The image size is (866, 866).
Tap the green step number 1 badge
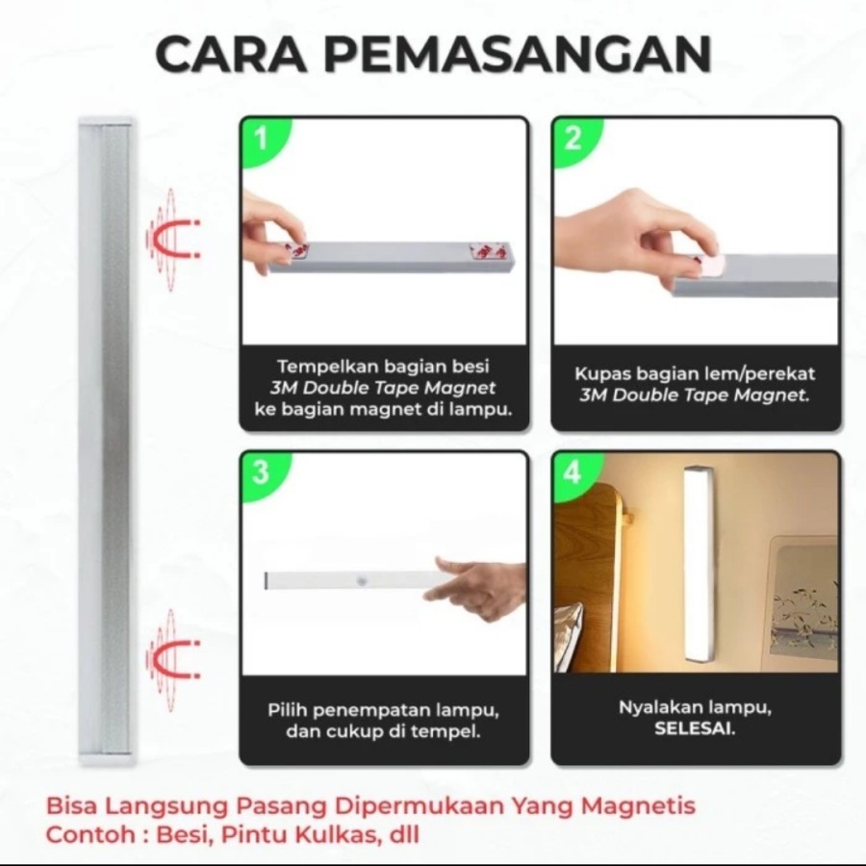(x=264, y=140)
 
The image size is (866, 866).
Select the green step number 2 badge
(x=575, y=140)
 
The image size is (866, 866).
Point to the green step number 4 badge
(x=574, y=473)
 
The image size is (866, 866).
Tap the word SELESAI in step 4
(x=695, y=729)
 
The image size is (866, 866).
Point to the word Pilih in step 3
(x=286, y=710)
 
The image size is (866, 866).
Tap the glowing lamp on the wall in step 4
(x=699, y=565)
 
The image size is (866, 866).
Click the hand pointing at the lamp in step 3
(x=475, y=587)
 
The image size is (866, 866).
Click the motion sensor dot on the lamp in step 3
(x=361, y=582)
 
